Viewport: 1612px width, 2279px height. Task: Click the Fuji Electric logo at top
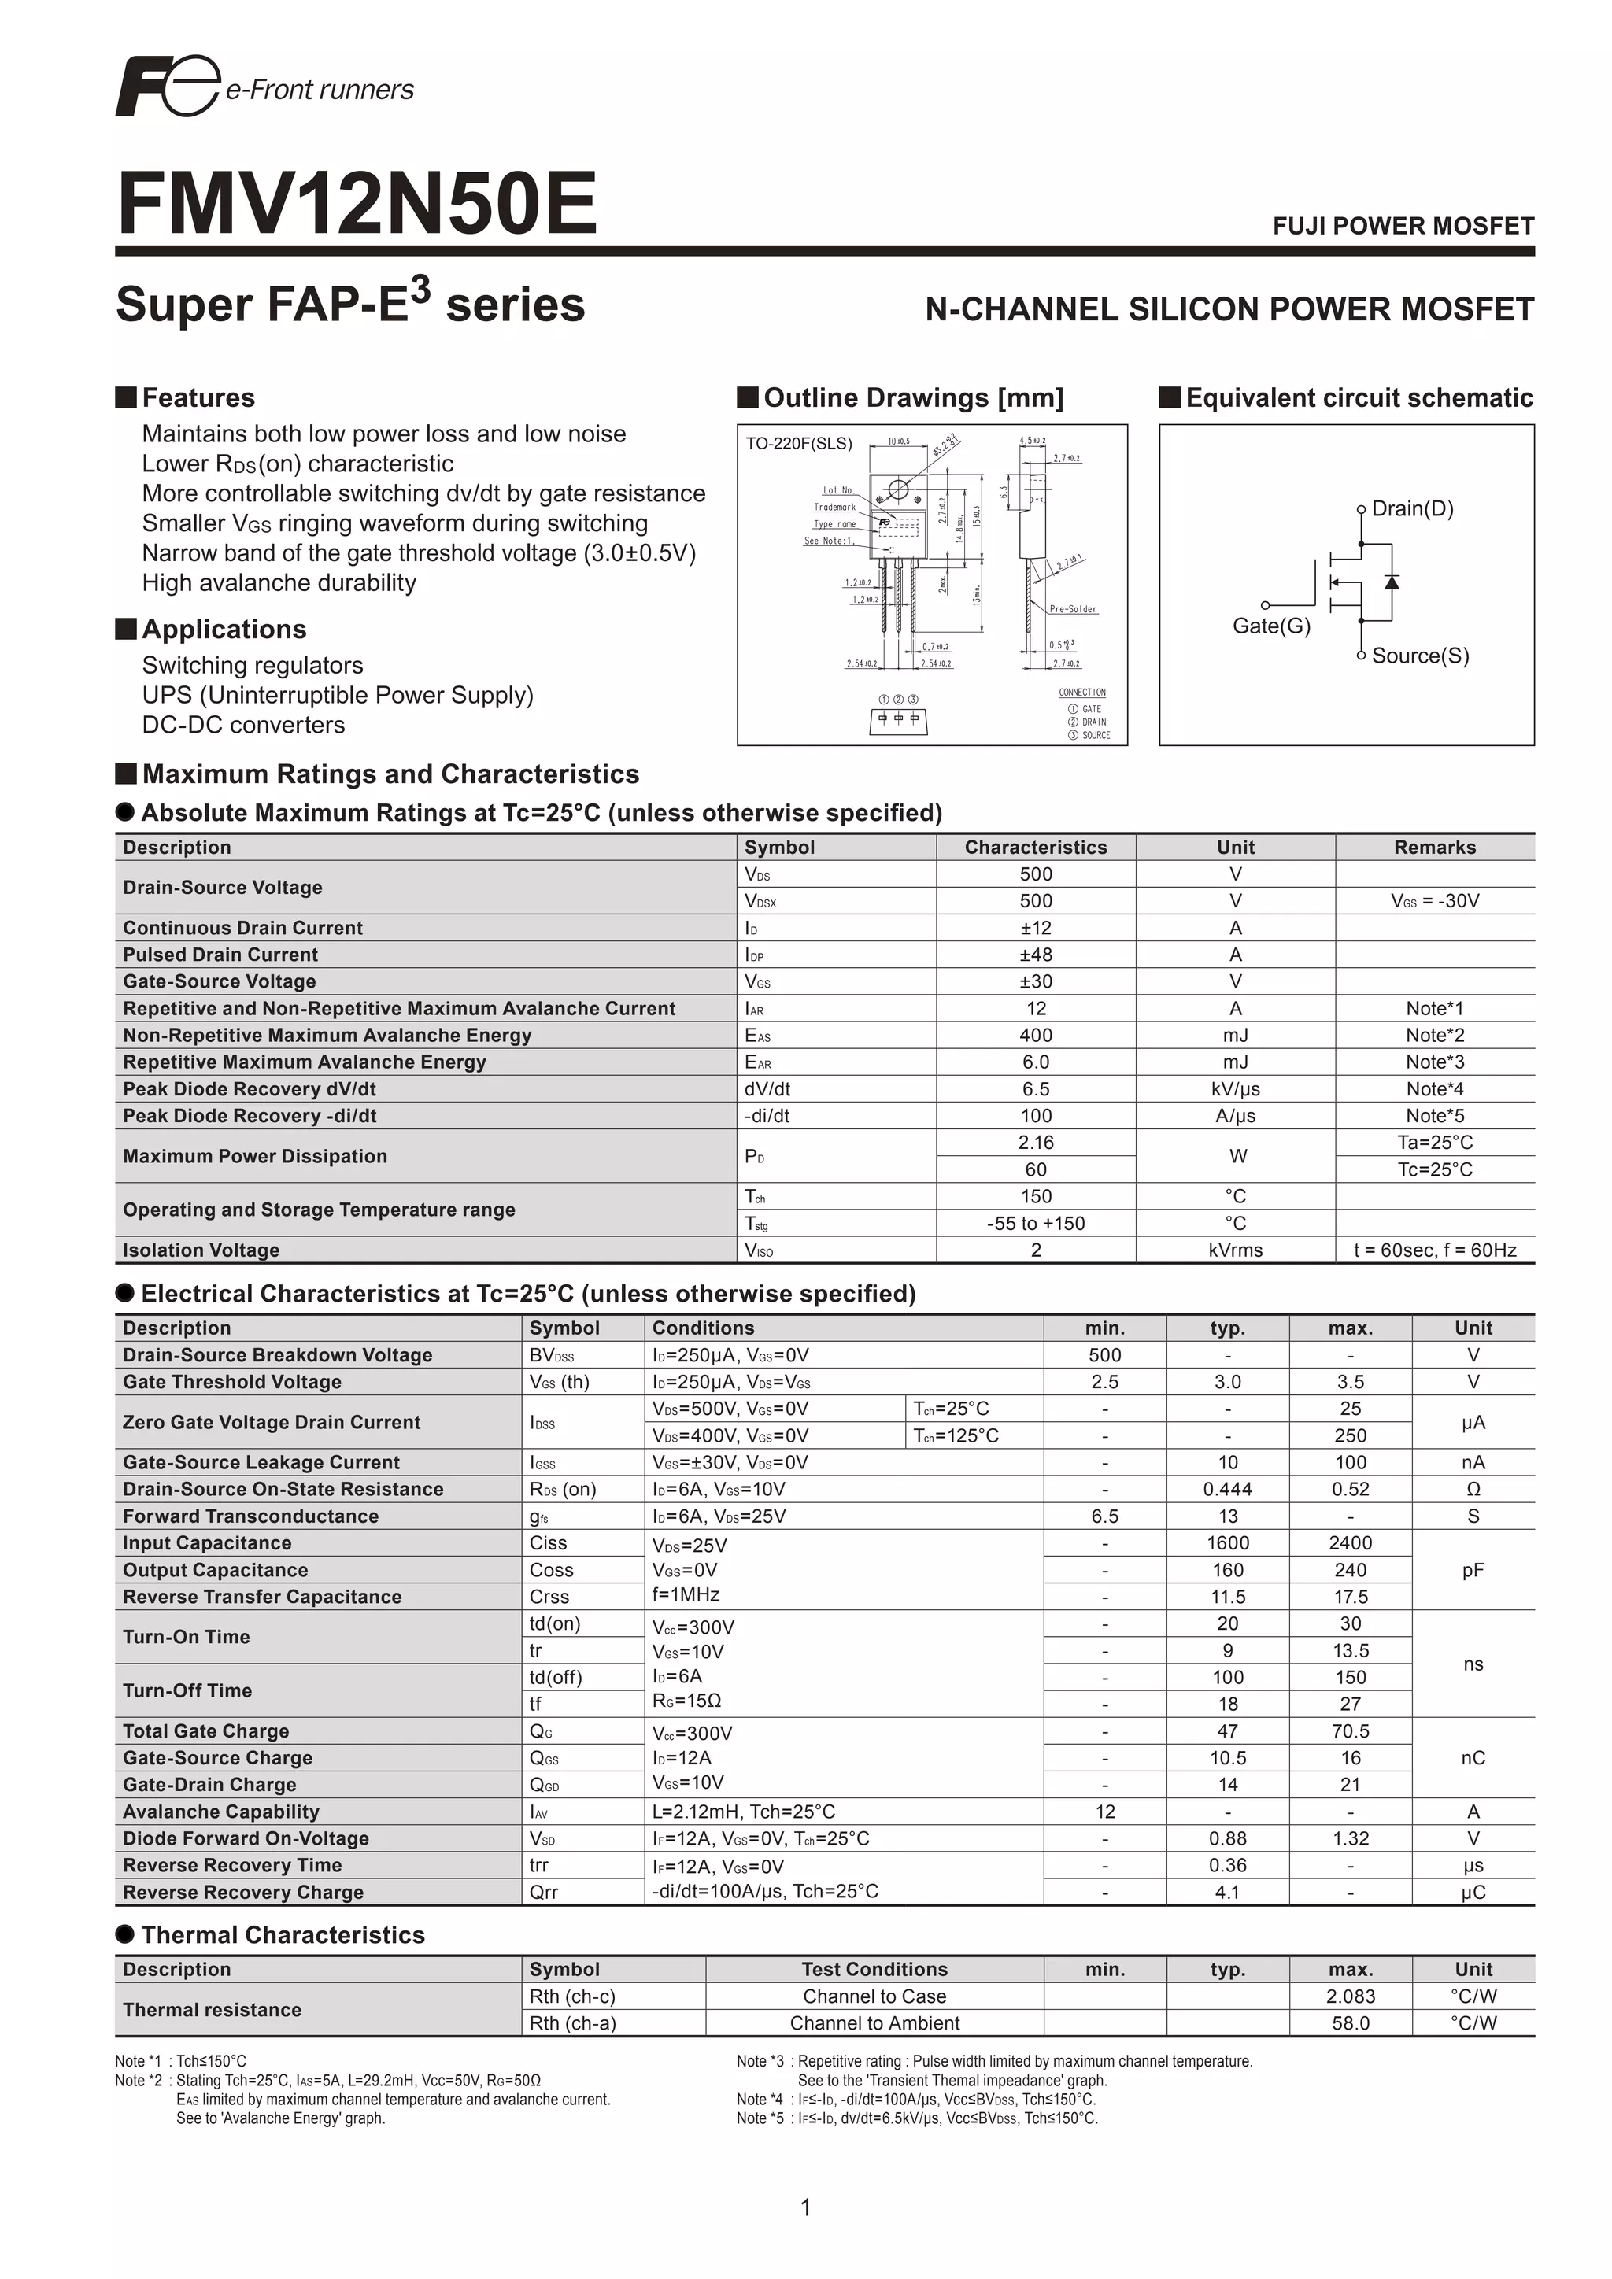[x=167, y=87]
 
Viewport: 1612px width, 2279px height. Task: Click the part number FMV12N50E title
[x=357, y=204]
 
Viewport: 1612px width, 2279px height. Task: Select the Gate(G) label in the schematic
[x=1270, y=626]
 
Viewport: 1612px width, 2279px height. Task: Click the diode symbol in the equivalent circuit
[x=1392, y=582]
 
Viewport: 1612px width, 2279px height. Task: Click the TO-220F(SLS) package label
[x=798, y=444]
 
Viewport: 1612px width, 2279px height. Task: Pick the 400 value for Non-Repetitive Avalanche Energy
[x=1035, y=1036]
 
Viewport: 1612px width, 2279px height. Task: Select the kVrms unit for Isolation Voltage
[x=1235, y=1250]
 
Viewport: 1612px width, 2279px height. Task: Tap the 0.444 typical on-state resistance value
[x=1227, y=1489]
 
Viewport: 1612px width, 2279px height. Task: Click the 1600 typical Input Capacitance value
[x=1227, y=1542]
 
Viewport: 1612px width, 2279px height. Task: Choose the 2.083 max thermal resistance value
[x=1350, y=1996]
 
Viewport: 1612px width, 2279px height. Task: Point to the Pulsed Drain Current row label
[x=220, y=955]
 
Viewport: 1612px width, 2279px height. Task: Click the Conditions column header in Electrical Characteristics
[x=703, y=1328]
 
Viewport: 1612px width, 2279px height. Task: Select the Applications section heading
[x=224, y=630]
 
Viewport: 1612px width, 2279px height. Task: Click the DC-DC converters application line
[x=243, y=725]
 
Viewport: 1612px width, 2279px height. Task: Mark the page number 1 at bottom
[x=805, y=2207]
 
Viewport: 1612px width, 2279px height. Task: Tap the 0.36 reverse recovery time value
[x=1227, y=1865]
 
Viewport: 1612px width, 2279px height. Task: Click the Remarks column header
[x=1434, y=848]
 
